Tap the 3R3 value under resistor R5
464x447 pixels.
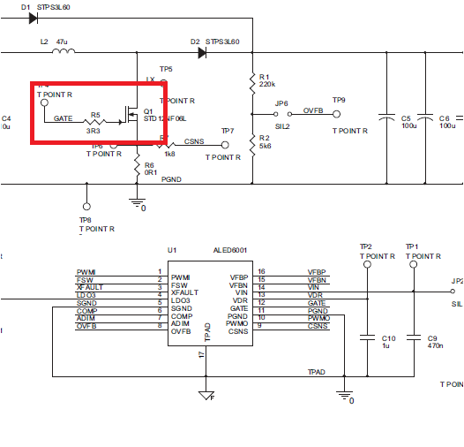coord(93,130)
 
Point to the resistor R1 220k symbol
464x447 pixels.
coord(254,80)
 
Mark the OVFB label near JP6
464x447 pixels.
coord(313,111)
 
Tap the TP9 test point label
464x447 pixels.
coord(339,101)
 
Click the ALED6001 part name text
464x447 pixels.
coord(230,251)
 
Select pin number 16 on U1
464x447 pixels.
coord(261,271)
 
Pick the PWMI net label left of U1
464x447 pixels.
coord(86,271)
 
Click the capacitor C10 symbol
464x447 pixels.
coord(366,337)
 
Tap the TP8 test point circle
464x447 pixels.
coord(86,186)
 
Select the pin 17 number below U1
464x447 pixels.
coord(201,354)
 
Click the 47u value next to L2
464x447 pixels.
coord(62,41)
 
